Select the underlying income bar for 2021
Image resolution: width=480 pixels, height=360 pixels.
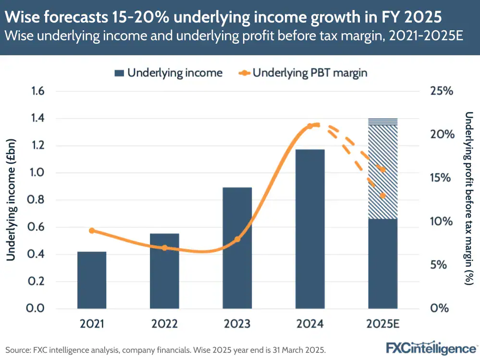click(x=92, y=280)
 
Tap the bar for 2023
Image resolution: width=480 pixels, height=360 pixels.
click(x=237, y=248)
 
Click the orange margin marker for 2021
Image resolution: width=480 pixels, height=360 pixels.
click(x=92, y=231)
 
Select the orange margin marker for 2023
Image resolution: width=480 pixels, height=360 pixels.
click(x=237, y=239)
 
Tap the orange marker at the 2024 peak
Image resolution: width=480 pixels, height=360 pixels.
click(x=310, y=126)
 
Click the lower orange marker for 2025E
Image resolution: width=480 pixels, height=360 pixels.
click(x=383, y=196)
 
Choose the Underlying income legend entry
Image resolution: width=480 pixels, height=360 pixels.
click(x=168, y=73)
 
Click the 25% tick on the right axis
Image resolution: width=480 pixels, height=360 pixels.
click(x=440, y=91)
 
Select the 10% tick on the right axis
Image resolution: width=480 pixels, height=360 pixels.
click(x=440, y=222)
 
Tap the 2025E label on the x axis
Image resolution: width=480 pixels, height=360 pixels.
click(x=383, y=324)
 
